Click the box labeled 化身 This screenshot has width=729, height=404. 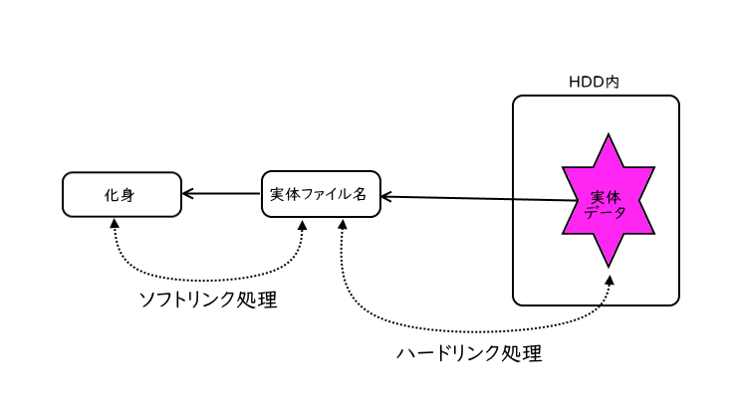(x=121, y=194)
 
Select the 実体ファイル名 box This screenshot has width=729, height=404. (x=320, y=194)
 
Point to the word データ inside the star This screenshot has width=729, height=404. (x=606, y=211)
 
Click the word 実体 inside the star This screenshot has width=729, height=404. (x=606, y=197)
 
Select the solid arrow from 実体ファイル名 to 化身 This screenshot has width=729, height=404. (x=221, y=194)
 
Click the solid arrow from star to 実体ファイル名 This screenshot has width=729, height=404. (x=478, y=199)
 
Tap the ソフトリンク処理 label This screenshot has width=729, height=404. (x=206, y=301)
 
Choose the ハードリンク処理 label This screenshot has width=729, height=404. (x=469, y=353)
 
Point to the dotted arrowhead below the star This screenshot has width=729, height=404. (x=608, y=280)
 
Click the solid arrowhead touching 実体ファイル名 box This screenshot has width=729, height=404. (x=386, y=197)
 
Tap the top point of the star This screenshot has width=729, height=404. (x=607, y=137)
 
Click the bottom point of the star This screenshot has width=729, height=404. (x=607, y=264)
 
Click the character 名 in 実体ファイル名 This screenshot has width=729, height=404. (x=361, y=194)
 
